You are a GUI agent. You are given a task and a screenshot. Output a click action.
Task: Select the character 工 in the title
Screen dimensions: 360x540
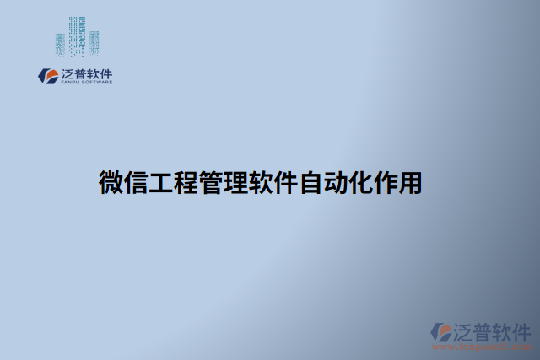[164, 184]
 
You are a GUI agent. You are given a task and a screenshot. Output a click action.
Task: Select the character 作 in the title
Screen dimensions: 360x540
[392, 184]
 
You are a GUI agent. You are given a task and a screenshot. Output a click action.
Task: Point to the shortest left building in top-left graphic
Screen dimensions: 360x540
[60, 45]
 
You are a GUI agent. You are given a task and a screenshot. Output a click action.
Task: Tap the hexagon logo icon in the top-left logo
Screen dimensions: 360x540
[46, 76]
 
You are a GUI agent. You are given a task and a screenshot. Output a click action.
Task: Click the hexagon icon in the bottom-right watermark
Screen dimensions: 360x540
[441, 331]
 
